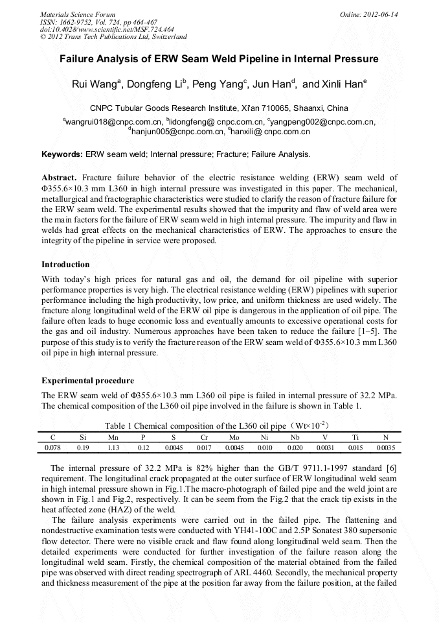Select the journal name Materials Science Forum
pyautogui.click(x=78, y=14)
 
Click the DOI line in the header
pyautogui.click(x=107, y=29)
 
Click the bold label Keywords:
pyautogui.click(x=62, y=154)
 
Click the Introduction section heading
pyautogui.click(x=65, y=265)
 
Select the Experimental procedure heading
pyautogui.click(x=87, y=381)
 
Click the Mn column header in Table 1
pyautogui.click(x=113, y=438)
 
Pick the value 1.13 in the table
pyautogui.click(x=113, y=448)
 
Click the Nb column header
pyautogui.click(x=295, y=438)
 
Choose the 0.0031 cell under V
pyautogui.click(x=325, y=448)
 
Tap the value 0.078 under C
pyautogui.click(x=52, y=448)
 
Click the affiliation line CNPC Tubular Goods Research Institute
pyautogui.click(x=219, y=108)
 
